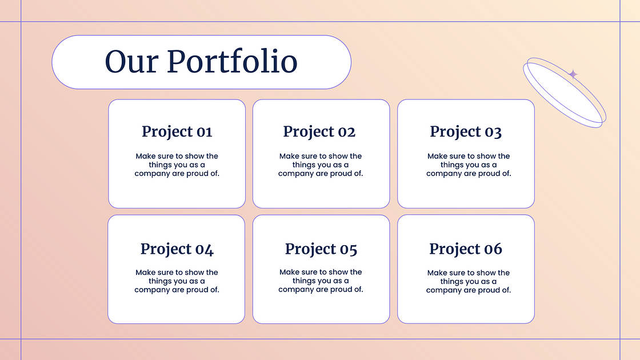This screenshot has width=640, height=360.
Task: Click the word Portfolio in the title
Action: (x=232, y=62)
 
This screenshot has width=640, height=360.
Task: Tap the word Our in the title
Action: (x=131, y=62)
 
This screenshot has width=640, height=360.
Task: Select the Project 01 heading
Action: (x=177, y=132)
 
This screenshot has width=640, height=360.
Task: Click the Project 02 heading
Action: (x=319, y=132)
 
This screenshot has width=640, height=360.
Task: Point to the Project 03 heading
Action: (x=466, y=132)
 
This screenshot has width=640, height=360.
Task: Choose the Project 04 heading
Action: (x=177, y=249)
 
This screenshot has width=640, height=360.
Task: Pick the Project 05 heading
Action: (x=321, y=249)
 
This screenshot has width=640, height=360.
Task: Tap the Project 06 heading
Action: (x=466, y=249)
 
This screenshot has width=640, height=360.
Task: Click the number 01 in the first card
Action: (x=205, y=132)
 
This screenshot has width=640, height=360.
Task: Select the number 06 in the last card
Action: (x=493, y=249)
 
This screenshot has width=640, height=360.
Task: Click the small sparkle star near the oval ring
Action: (x=573, y=74)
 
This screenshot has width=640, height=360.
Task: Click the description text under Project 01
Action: (x=177, y=165)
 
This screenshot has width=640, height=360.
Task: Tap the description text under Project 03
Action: (x=469, y=165)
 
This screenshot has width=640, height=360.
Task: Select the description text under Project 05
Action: (x=321, y=281)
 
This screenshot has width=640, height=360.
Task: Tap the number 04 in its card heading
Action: (x=205, y=249)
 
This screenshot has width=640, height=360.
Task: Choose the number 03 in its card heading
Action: (x=493, y=133)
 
